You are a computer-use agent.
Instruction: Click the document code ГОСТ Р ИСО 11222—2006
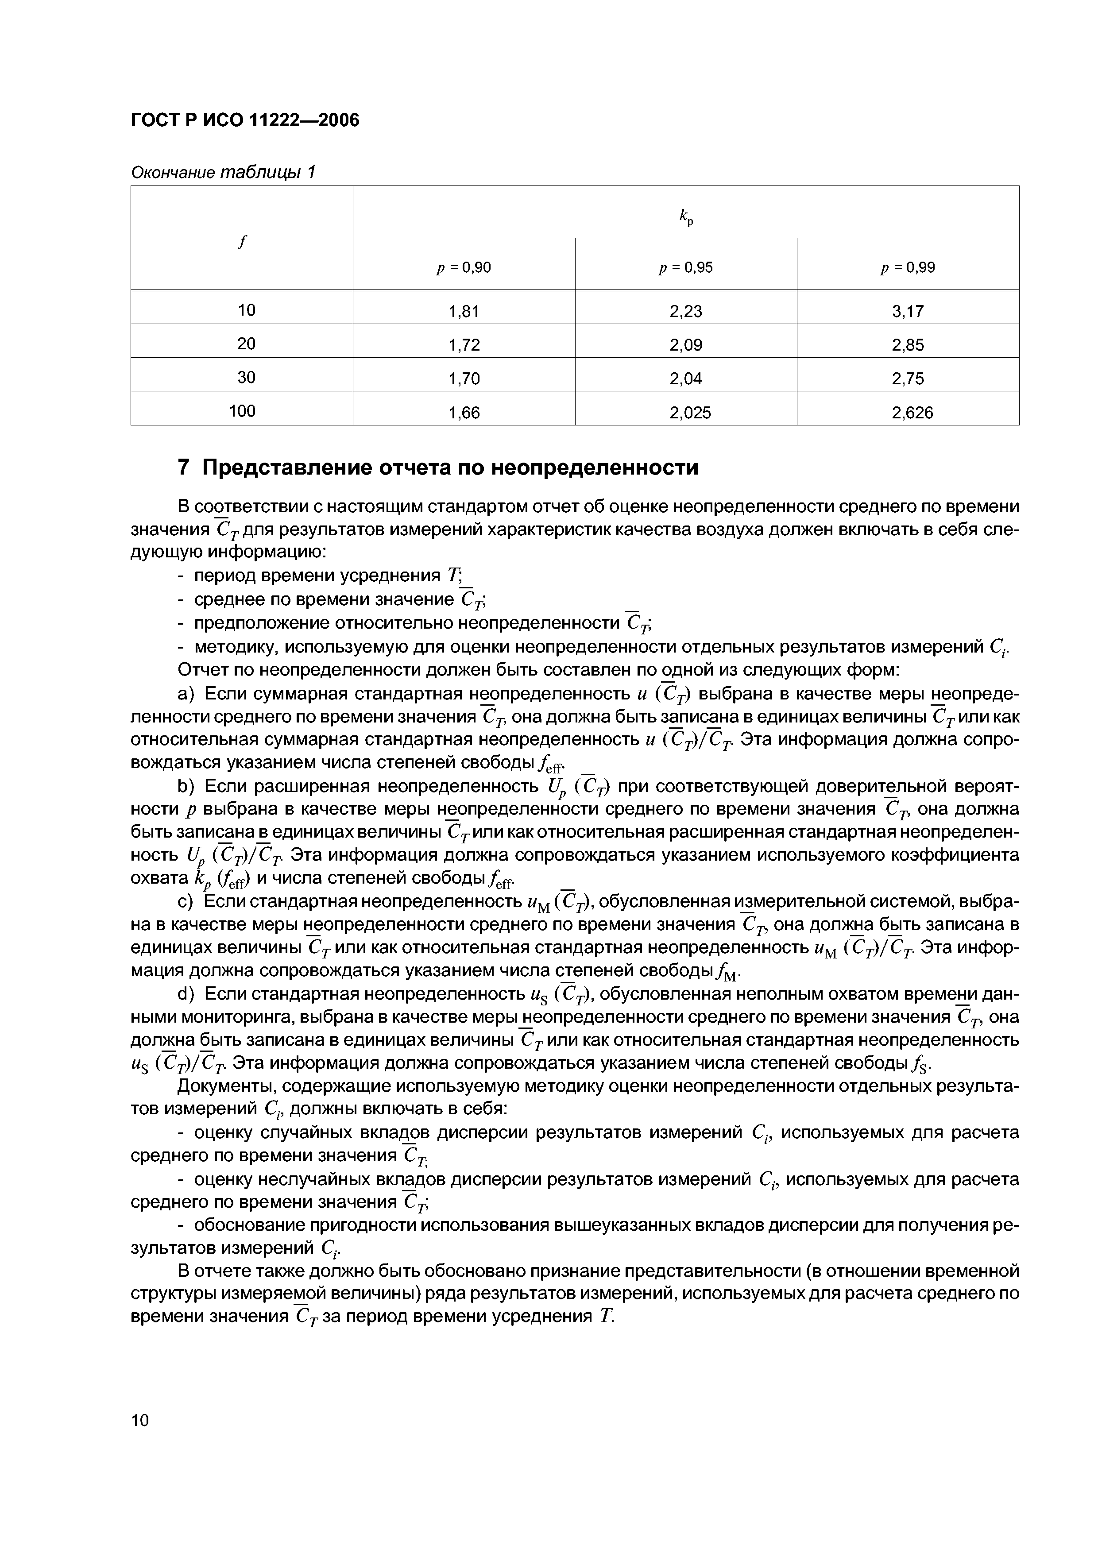pos(244,120)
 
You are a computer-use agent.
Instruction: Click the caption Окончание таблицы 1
pos(223,173)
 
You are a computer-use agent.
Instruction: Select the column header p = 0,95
pos(685,268)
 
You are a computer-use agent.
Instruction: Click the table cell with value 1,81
pos(464,312)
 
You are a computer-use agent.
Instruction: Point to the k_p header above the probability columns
pos(685,216)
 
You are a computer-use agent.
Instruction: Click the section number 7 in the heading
pos(183,467)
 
